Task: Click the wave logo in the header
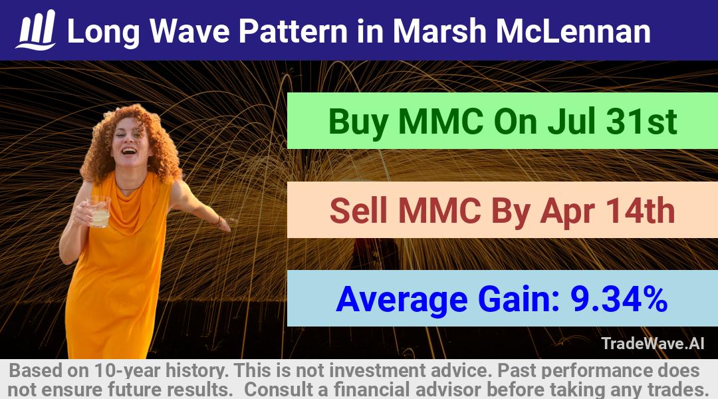point(36,30)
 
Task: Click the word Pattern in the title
point(293,31)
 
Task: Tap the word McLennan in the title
point(573,31)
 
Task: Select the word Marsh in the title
point(439,31)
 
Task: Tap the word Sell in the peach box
point(359,211)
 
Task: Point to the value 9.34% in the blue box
point(619,299)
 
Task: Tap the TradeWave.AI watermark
point(653,343)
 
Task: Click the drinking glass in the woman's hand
point(98,211)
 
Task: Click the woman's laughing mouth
point(129,150)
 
